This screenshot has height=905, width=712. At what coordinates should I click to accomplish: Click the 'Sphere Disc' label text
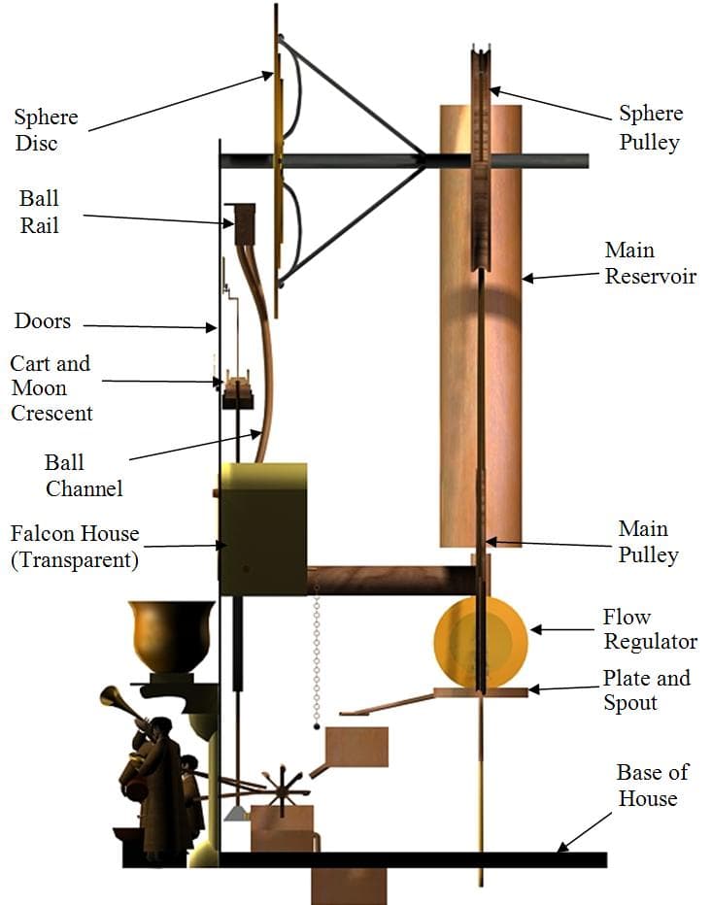pyautogui.click(x=45, y=130)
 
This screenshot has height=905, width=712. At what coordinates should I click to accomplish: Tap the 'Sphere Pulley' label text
pyautogui.click(x=651, y=127)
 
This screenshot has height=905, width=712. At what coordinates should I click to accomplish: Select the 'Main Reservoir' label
pyautogui.click(x=650, y=263)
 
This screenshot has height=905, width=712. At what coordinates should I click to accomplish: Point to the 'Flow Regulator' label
pyautogui.click(x=650, y=629)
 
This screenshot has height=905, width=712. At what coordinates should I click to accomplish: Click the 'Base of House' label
pyautogui.click(x=652, y=786)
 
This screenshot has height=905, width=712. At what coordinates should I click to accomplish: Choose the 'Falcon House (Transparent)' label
pyautogui.click(x=75, y=547)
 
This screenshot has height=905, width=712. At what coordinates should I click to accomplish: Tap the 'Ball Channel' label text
pyautogui.click(x=83, y=475)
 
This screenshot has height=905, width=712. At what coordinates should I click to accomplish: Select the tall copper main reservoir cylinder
pyautogui.click(x=480, y=330)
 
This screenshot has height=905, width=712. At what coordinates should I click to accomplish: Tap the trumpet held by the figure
pyautogui.click(x=122, y=705)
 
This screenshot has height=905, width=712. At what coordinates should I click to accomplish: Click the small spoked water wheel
pyautogui.click(x=282, y=789)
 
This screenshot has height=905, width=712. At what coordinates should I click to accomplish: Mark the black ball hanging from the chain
pyautogui.click(x=317, y=726)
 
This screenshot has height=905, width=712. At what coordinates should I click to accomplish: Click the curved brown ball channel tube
pyautogui.click(x=264, y=369)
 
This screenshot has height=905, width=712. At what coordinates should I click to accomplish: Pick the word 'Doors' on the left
pyautogui.click(x=43, y=321)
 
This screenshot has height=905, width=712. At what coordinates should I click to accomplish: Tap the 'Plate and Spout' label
pyautogui.click(x=646, y=689)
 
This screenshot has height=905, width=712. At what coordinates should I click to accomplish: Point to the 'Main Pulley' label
pyautogui.click(x=647, y=542)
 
